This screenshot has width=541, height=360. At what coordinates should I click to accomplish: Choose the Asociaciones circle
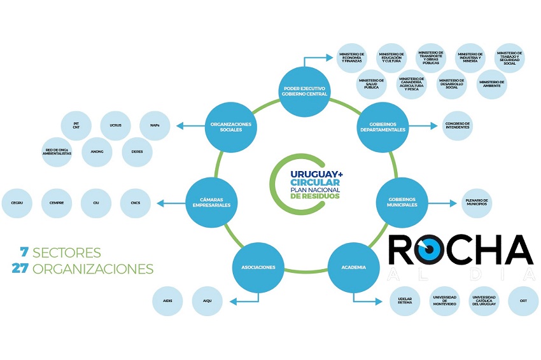[x=258, y=267]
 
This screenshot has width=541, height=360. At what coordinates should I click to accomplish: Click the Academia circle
[x=353, y=267]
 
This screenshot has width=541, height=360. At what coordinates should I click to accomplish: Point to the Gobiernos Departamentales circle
[x=383, y=126]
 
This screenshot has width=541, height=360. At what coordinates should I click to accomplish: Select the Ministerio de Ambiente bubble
[x=491, y=83]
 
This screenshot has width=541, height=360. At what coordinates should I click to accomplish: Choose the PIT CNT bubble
[x=76, y=125]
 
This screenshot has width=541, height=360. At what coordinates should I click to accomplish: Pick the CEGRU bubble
[x=17, y=204]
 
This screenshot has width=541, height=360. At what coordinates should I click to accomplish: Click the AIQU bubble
[x=207, y=300]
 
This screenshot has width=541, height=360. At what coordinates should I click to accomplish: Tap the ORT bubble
[x=523, y=301]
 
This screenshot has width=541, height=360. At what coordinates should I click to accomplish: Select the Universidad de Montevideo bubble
[x=445, y=301]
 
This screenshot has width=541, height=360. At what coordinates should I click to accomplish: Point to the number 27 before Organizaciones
[x=20, y=268]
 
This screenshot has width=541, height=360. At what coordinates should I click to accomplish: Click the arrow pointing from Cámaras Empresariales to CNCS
[x=168, y=204]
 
